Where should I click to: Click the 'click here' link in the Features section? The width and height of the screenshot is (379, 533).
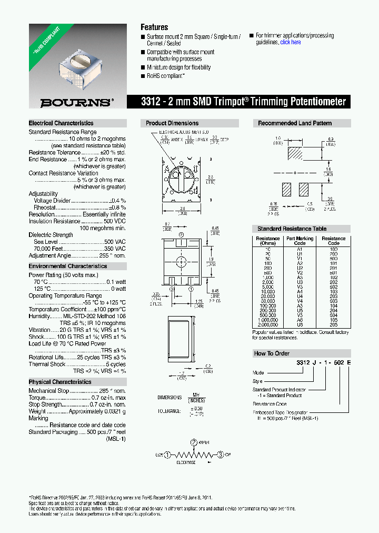coord(291,42)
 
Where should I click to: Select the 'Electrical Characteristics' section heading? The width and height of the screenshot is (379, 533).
coord(61,123)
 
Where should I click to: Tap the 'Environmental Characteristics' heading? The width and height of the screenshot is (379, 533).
coord(67,266)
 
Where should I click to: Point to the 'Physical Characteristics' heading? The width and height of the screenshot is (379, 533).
coord(60,382)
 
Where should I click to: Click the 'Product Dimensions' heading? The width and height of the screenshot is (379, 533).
coord(172,123)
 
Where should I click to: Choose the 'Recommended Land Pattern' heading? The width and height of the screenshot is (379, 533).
coord(295,123)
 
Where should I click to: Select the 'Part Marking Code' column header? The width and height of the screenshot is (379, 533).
coord(300,241)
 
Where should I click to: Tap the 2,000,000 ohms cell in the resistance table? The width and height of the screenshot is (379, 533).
coord(268,325)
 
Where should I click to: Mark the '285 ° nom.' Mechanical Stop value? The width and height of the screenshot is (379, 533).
coord(112,391)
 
